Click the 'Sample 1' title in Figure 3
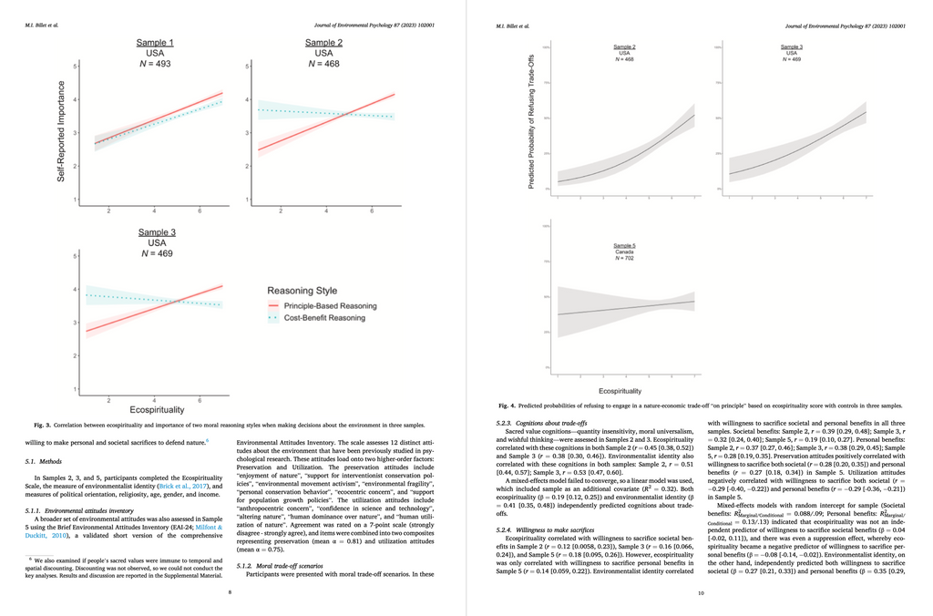coord(155,43)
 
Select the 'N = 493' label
coord(155,64)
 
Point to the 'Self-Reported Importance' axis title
coord(62,130)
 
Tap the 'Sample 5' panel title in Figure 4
coord(623,247)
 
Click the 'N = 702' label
coord(623,260)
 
